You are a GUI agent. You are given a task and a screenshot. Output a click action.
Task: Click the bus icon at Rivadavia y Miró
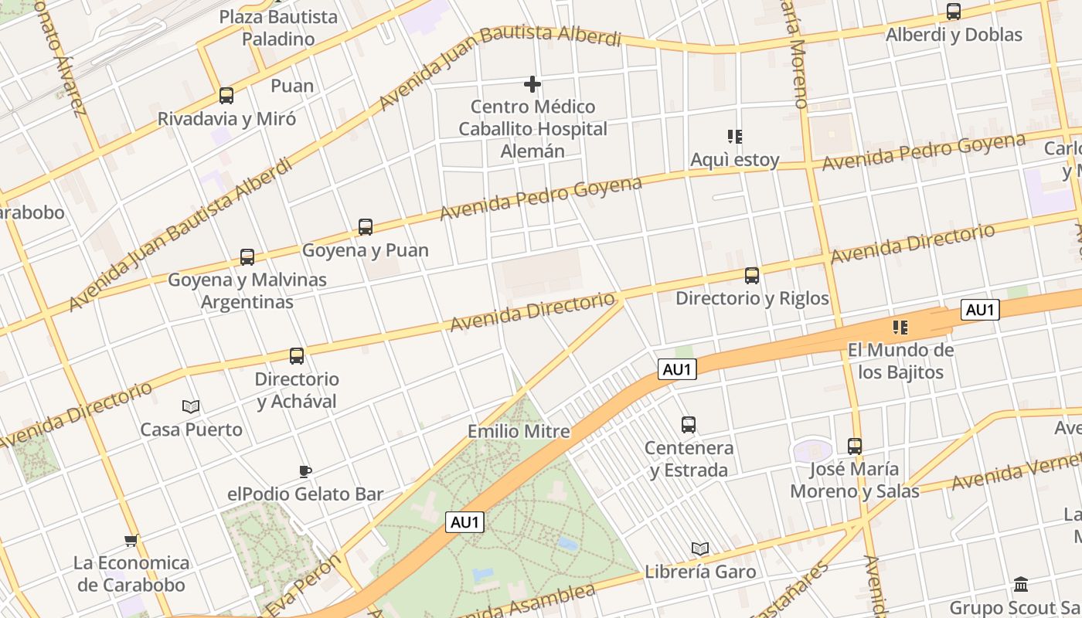pyautogui.click(x=226, y=96)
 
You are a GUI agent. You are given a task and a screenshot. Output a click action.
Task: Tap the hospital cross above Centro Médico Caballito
pyautogui.click(x=532, y=83)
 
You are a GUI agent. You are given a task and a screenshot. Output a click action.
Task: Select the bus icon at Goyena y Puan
pyautogui.click(x=366, y=227)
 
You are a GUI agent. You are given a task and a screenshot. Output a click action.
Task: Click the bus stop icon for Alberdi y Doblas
pyautogui.click(x=954, y=12)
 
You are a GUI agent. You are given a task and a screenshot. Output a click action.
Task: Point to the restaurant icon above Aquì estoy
pyautogui.click(x=735, y=137)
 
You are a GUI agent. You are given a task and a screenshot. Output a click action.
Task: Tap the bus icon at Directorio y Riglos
pyautogui.click(x=751, y=276)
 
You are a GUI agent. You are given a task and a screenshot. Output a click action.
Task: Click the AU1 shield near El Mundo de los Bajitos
pyautogui.click(x=980, y=310)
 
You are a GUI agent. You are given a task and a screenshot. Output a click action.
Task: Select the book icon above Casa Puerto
pyautogui.click(x=191, y=406)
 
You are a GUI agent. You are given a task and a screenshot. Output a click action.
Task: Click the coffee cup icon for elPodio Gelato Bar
pyautogui.click(x=305, y=471)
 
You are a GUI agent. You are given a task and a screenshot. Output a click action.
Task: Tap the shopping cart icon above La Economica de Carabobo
pyautogui.click(x=131, y=540)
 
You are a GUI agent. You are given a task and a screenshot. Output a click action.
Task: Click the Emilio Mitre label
pyautogui.click(x=519, y=431)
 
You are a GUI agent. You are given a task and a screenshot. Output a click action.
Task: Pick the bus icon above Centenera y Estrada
pyautogui.click(x=688, y=425)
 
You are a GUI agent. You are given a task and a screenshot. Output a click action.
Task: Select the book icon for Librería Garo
pyautogui.click(x=700, y=549)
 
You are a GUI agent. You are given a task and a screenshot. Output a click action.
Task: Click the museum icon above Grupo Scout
pyautogui.click(x=1021, y=584)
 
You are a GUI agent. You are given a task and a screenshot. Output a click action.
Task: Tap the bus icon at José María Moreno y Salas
pyautogui.click(x=854, y=447)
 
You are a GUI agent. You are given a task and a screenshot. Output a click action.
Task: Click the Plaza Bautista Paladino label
pyautogui.click(x=278, y=28)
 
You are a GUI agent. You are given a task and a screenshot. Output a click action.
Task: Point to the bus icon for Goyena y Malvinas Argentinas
pyautogui.click(x=247, y=257)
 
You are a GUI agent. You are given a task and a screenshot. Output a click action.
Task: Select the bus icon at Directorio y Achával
pyautogui.click(x=297, y=356)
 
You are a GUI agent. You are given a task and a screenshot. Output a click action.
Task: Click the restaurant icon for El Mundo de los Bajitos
pyautogui.click(x=900, y=328)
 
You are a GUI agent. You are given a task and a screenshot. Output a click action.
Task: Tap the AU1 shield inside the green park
pyautogui.click(x=465, y=522)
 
